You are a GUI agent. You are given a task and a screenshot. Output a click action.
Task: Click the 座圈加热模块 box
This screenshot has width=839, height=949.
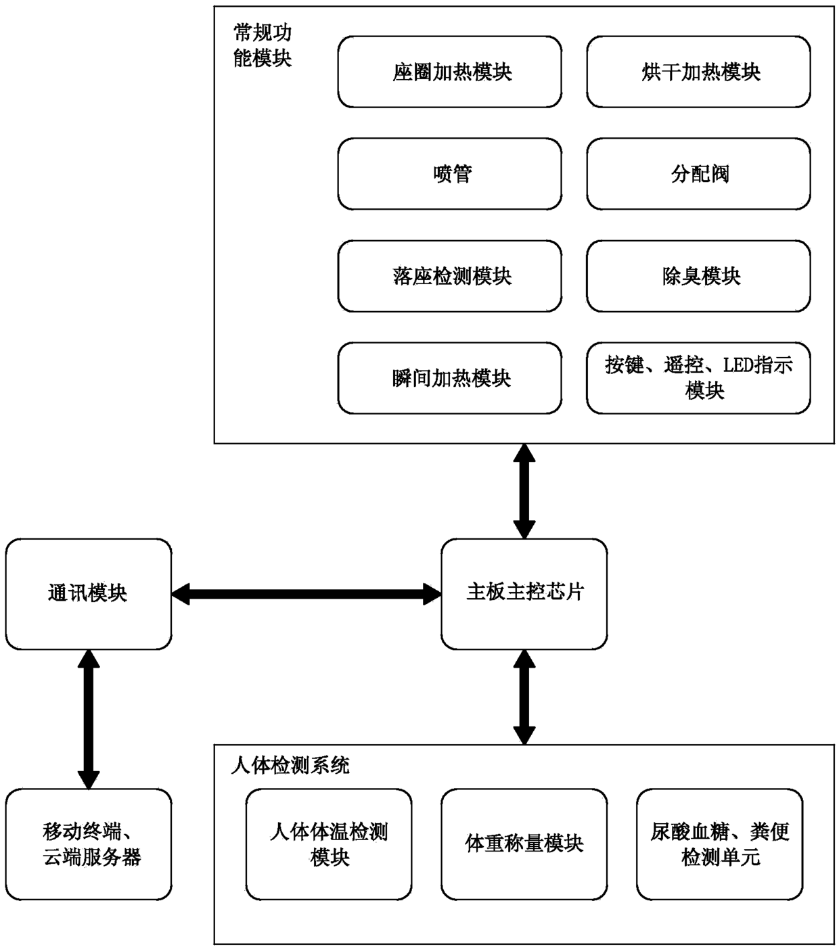click(x=449, y=72)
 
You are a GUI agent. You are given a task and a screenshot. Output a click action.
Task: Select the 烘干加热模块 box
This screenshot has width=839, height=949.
click(x=698, y=72)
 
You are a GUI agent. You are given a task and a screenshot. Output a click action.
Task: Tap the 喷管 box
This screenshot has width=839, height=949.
click(x=449, y=174)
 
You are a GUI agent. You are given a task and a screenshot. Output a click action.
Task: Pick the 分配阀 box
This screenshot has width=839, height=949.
click(x=698, y=174)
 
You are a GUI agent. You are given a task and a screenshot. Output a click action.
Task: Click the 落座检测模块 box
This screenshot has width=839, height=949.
click(x=449, y=276)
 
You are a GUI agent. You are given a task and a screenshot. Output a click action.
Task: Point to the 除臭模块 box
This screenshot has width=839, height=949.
click(x=698, y=276)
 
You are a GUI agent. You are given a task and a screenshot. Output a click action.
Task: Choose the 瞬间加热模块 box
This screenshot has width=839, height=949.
click(x=449, y=378)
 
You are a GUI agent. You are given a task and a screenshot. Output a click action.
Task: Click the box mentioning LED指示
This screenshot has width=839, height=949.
click(x=698, y=378)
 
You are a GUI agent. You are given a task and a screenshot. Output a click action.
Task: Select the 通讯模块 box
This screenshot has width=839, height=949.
click(x=89, y=593)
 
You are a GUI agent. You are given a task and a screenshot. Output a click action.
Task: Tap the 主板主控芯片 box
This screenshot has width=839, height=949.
click(x=524, y=593)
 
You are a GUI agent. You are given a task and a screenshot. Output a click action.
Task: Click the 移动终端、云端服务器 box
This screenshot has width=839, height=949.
click(x=89, y=844)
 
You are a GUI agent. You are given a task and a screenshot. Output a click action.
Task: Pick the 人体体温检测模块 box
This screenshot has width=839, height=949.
click(x=329, y=844)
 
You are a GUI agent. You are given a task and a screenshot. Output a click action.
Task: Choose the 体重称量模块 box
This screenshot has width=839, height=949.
click(x=524, y=844)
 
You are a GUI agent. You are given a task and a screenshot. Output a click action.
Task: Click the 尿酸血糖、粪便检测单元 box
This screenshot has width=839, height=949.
click(x=719, y=844)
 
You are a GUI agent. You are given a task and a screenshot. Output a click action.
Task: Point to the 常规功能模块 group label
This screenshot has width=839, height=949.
click(x=263, y=45)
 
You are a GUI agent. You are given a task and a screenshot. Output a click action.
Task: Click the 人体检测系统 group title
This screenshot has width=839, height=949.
click(x=290, y=766)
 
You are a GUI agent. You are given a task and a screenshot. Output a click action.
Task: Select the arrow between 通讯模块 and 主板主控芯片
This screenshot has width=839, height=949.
click(x=307, y=594)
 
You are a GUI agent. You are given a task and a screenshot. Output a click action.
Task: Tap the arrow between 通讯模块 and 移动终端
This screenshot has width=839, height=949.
click(x=89, y=719)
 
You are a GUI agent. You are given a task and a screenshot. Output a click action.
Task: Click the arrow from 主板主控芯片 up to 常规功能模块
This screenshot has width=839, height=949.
click(x=524, y=491)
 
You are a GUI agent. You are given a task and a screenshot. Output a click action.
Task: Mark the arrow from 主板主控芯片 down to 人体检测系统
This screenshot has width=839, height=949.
click(x=524, y=697)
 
